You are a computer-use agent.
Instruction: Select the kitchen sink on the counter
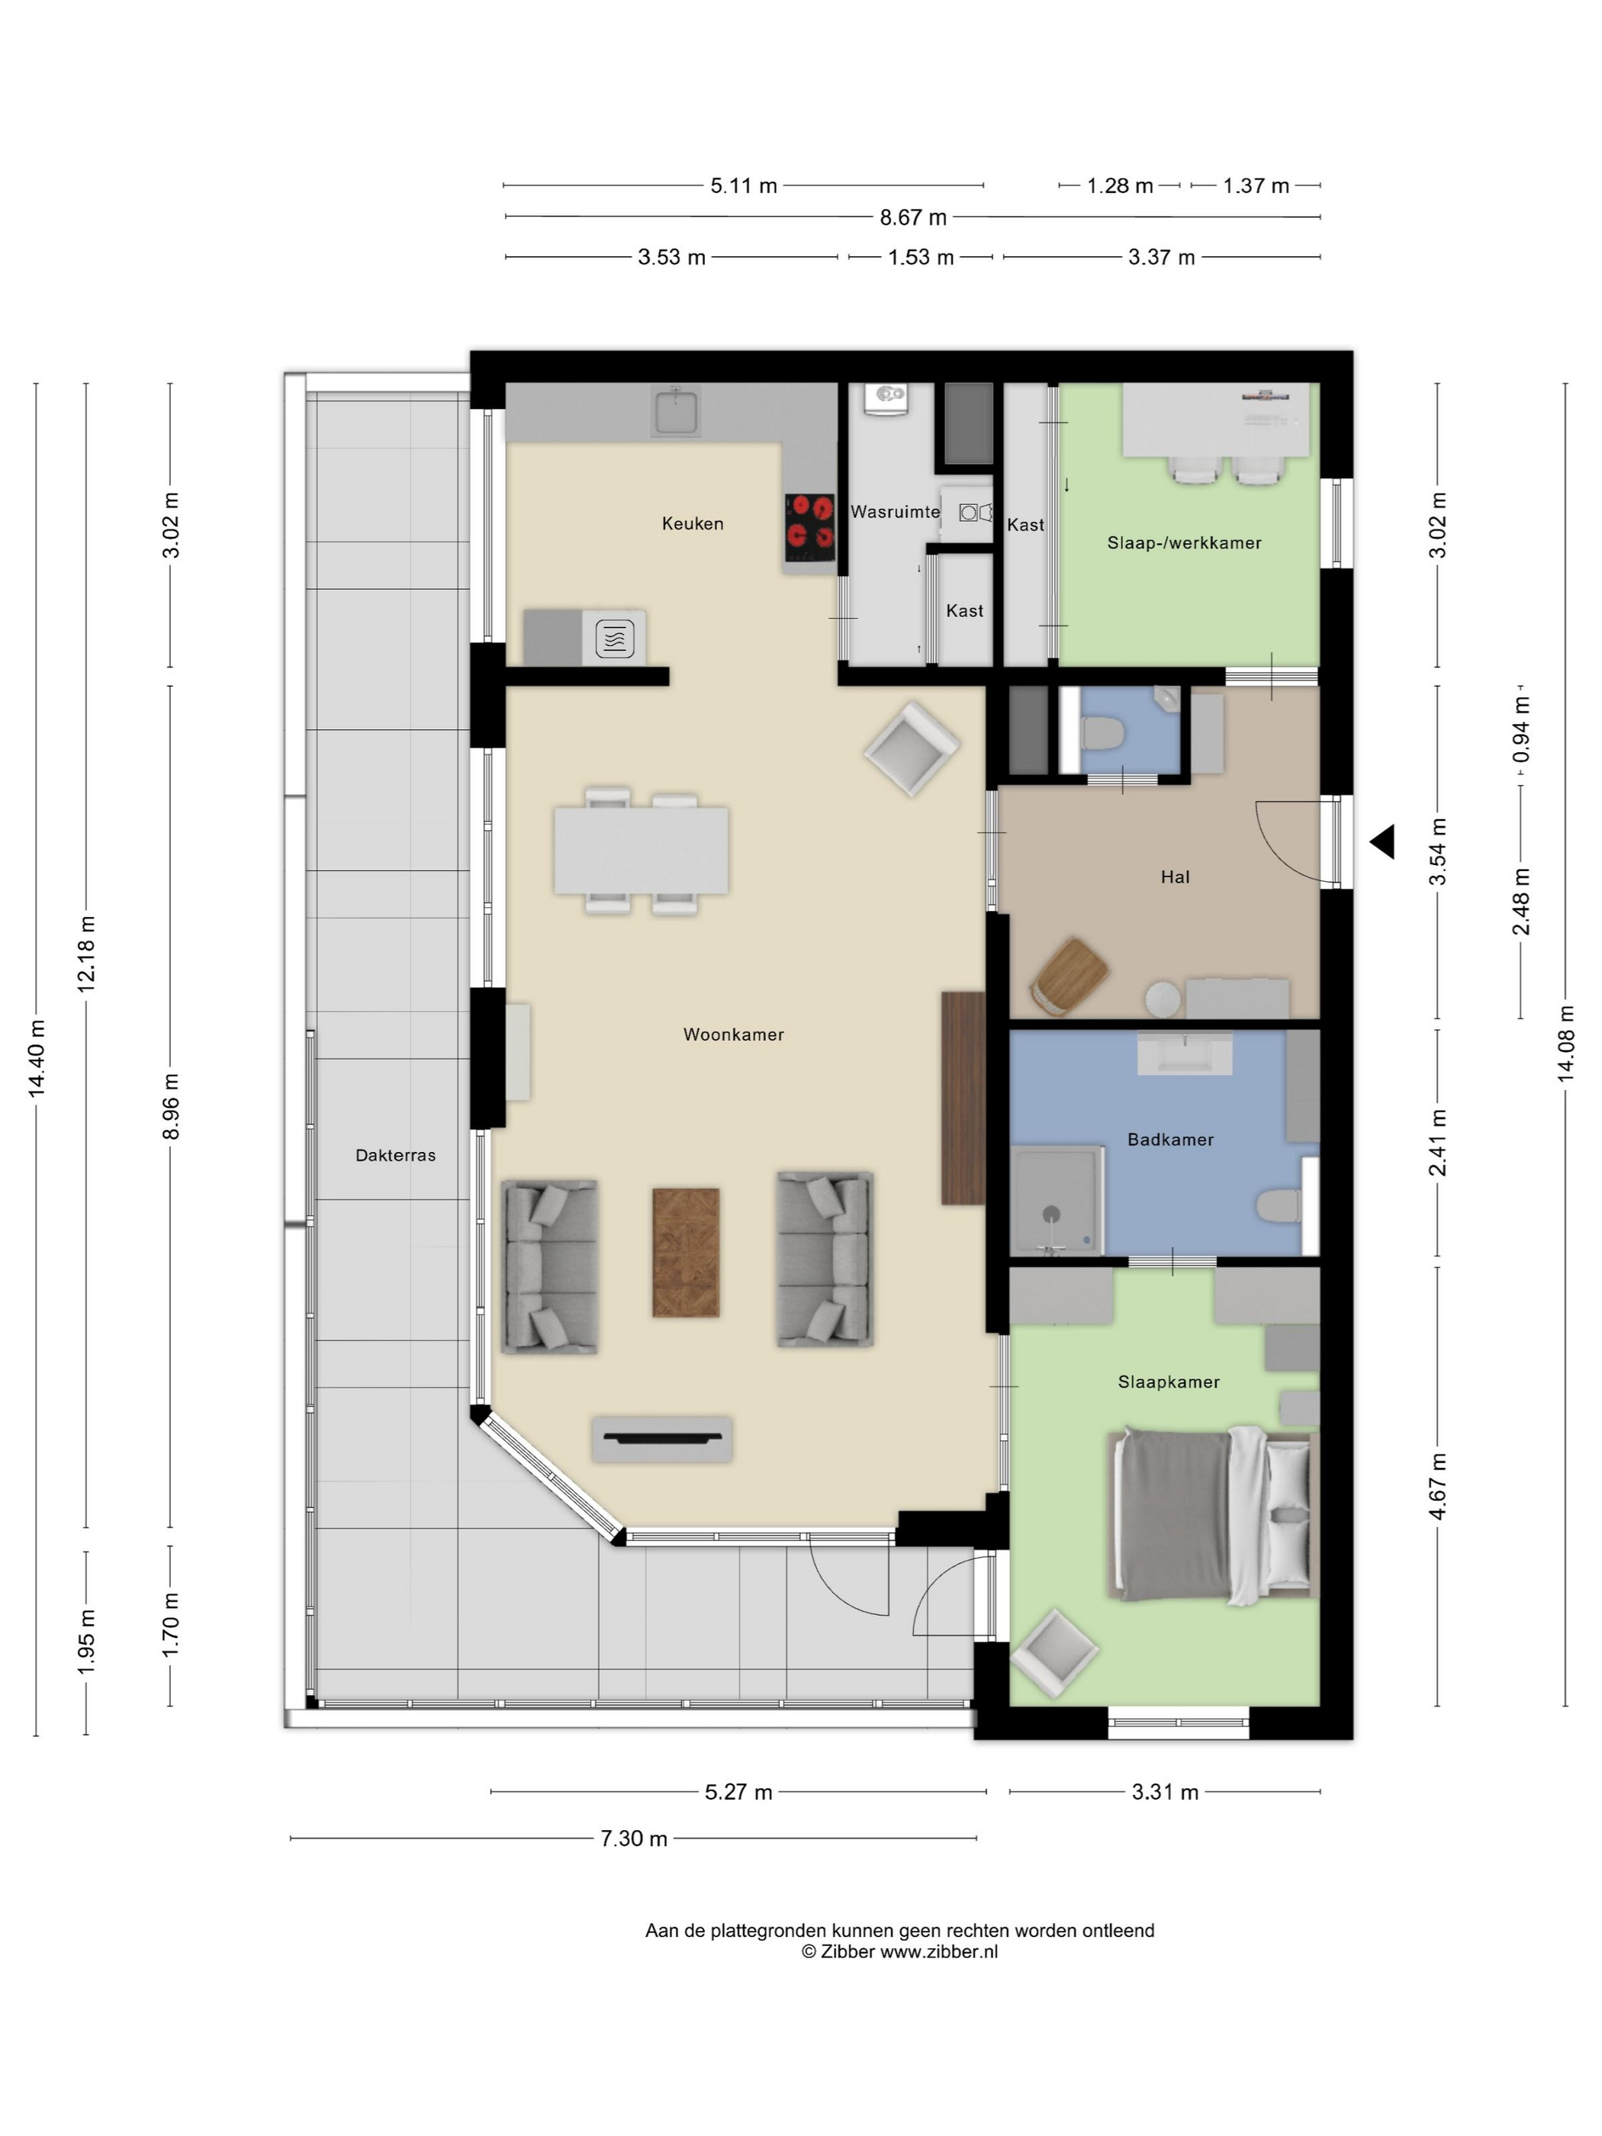[675, 411]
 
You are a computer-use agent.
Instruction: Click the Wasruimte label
[894, 512]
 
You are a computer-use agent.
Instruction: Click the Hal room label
[1174, 877]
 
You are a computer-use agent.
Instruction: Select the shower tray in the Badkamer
[1056, 1199]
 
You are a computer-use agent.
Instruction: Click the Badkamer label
[1169, 1140]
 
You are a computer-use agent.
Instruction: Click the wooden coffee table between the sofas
[686, 1252]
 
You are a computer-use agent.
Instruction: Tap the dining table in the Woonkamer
[642, 851]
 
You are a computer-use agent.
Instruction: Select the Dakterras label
[395, 1155]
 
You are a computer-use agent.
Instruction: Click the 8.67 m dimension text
[912, 217]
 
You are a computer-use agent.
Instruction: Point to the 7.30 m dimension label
[633, 1838]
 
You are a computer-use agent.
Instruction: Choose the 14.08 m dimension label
[1565, 1043]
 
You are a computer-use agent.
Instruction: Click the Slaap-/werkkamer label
[1184, 542]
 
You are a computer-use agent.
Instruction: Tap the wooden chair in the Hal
[1069, 976]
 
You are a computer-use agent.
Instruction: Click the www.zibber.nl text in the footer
[938, 1951]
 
